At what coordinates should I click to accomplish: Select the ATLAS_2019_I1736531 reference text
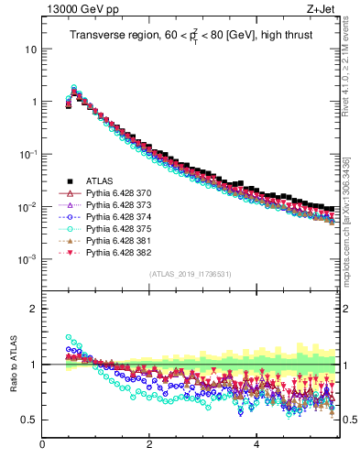coord(191,275)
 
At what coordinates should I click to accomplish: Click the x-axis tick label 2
coord(149,446)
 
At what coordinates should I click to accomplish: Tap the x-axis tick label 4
coord(256,446)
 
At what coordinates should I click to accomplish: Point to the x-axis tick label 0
coord(43,446)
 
